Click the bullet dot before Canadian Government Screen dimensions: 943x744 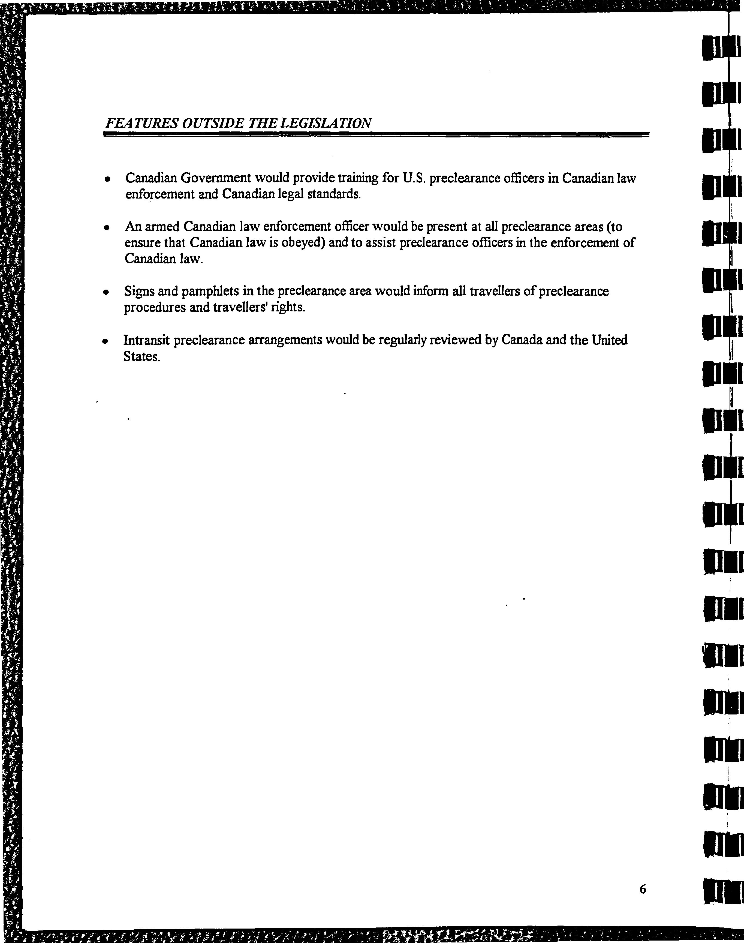coord(107,179)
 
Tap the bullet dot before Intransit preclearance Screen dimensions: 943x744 coord(104,342)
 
